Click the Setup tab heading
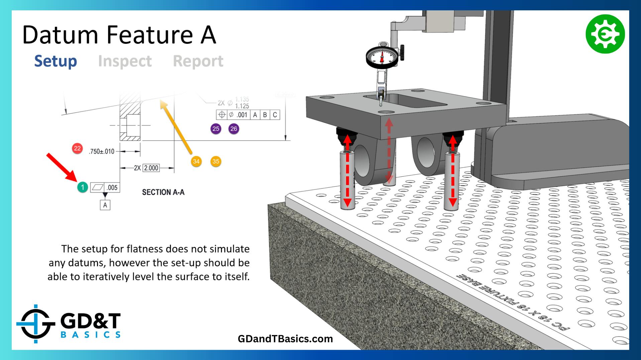[x=56, y=61]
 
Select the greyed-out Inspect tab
[x=125, y=61]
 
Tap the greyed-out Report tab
[x=198, y=61]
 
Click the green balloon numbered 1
[x=82, y=187]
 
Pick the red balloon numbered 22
[x=77, y=149]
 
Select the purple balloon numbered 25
[x=216, y=129]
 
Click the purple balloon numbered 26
[x=234, y=129]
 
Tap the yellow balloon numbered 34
[x=196, y=162]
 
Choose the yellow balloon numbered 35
[x=216, y=162]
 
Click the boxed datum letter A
[x=105, y=205]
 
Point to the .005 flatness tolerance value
[x=112, y=188]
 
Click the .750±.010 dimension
[x=101, y=152]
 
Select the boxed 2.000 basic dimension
[x=151, y=168]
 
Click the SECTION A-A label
[x=163, y=192]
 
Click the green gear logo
[x=605, y=34]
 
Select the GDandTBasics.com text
[x=285, y=339]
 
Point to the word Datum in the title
[x=60, y=35]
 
